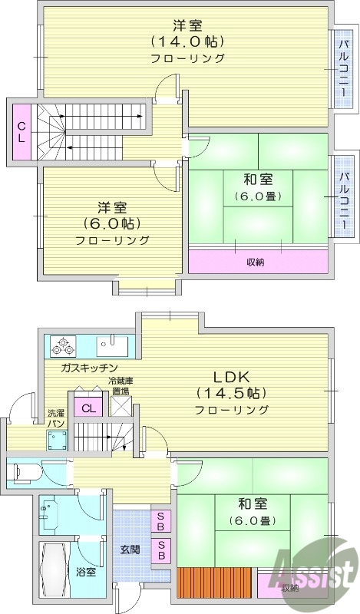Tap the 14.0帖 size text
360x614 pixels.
(x=187, y=41)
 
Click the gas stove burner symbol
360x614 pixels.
(x=61, y=346)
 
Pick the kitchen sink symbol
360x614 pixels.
(x=112, y=343)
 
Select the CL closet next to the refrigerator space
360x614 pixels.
(x=88, y=408)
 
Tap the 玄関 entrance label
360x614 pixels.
(x=130, y=550)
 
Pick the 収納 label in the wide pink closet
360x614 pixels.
(x=256, y=262)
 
